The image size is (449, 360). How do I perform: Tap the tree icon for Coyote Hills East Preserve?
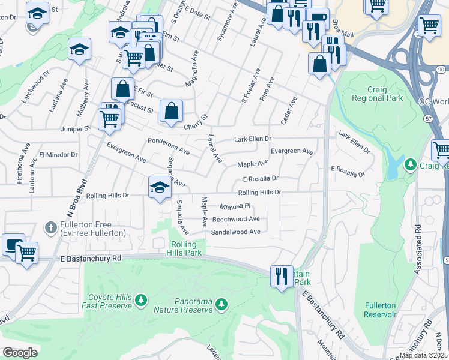140,299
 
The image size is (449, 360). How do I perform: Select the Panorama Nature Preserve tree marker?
221,305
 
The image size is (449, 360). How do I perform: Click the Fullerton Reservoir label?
380,310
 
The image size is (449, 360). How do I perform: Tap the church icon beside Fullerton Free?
52,227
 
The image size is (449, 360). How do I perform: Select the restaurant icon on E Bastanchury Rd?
281,275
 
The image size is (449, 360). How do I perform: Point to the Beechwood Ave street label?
236,219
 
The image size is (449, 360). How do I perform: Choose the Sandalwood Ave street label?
236,232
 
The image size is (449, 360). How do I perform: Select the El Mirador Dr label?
59,154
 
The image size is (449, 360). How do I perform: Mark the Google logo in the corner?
20,353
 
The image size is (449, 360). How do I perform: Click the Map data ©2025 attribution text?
423,355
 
